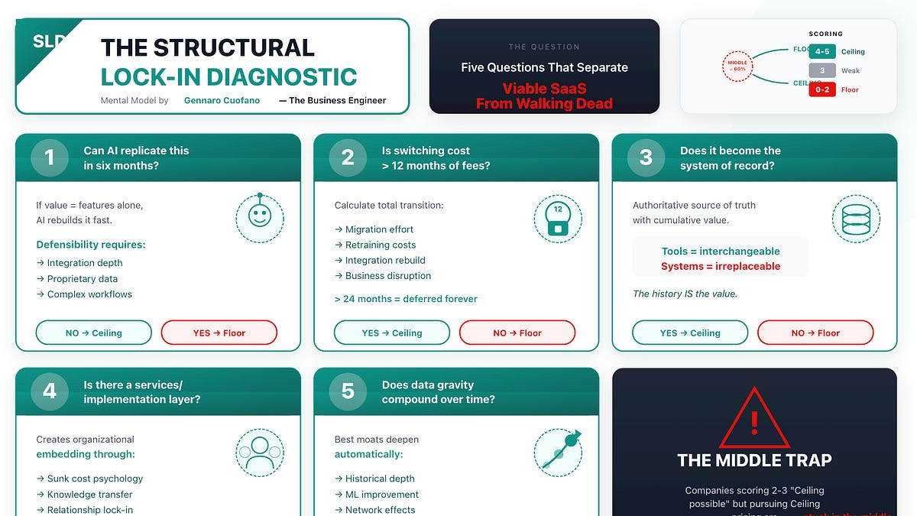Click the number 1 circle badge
click(x=50, y=157)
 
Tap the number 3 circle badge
click(x=646, y=157)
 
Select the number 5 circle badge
click(x=348, y=391)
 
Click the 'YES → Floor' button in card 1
click(x=219, y=333)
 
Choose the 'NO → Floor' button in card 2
click(x=517, y=333)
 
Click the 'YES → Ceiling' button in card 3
click(x=689, y=333)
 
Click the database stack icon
click(x=856, y=218)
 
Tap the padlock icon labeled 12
click(x=558, y=218)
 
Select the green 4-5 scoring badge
click(x=822, y=52)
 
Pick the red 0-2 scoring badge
click(x=822, y=89)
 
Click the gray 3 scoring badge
click(x=822, y=70)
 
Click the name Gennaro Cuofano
click(x=221, y=100)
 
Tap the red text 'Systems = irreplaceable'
click(x=721, y=266)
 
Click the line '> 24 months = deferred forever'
click(x=406, y=299)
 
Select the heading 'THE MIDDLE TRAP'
click(x=753, y=460)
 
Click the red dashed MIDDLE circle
click(x=739, y=66)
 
